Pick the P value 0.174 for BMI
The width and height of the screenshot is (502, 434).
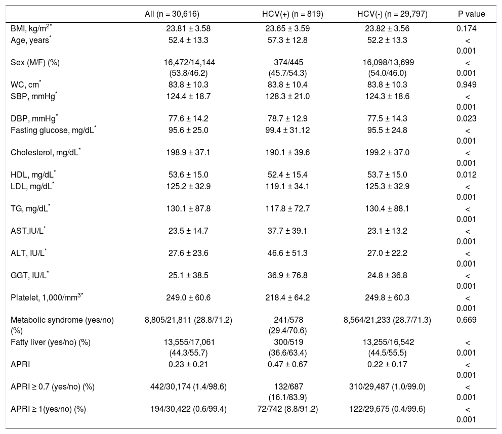pos(466,28)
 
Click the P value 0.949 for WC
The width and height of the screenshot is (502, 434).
pos(466,84)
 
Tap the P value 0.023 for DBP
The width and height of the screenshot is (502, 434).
pos(466,118)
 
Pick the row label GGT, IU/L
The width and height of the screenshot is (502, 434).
pos(30,275)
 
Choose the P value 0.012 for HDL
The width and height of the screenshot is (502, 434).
pos(466,175)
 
